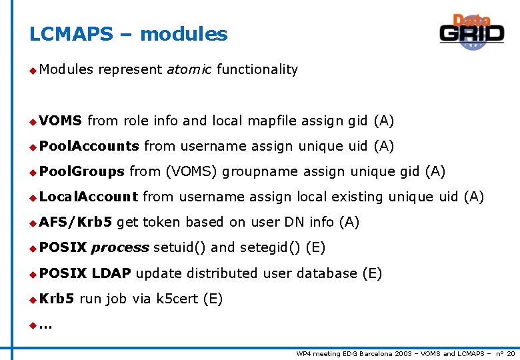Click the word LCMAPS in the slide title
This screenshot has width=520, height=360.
(71, 34)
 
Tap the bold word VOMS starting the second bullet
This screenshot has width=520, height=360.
(60, 121)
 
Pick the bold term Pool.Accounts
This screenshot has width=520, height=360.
(89, 146)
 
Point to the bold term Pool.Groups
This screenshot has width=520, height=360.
(81, 171)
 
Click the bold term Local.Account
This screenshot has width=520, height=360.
(88, 197)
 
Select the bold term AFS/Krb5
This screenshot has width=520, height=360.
(75, 222)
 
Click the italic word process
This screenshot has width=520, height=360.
(120, 248)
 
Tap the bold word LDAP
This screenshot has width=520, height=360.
(111, 273)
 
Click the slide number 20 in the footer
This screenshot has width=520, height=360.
(511, 353)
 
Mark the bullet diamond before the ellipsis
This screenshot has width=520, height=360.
(32, 325)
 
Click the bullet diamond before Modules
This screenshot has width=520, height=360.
(32, 69)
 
